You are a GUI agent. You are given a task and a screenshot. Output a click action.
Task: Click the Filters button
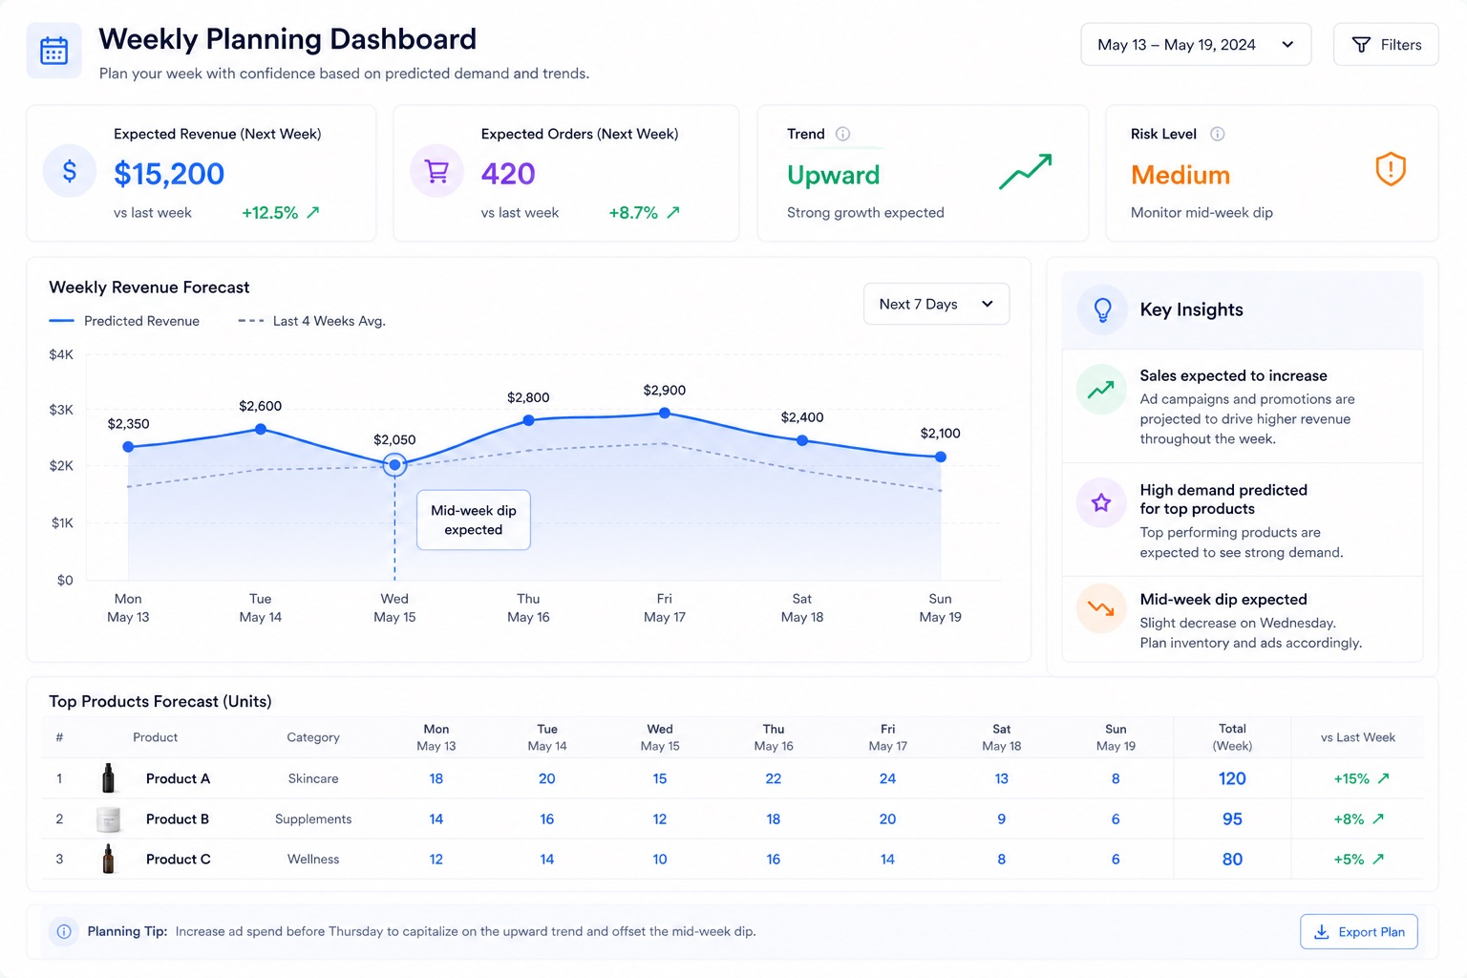click(x=1386, y=45)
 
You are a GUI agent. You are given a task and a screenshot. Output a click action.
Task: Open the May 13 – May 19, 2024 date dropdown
click(x=1196, y=45)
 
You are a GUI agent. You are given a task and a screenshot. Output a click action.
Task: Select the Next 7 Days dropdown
click(x=937, y=304)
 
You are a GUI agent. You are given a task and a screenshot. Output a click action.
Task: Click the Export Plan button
click(x=1359, y=931)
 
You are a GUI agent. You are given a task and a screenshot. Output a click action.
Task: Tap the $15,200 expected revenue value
click(x=169, y=174)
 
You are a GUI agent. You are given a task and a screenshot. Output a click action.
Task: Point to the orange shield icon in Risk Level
click(x=1391, y=169)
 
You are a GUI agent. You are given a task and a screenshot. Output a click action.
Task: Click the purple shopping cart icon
click(x=436, y=172)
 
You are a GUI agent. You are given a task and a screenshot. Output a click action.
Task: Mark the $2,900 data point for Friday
click(x=665, y=413)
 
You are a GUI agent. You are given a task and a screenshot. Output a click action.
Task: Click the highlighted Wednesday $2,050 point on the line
click(x=394, y=464)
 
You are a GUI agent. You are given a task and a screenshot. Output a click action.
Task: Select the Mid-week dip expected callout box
click(x=474, y=521)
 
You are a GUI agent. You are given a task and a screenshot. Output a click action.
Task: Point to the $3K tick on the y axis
click(x=61, y=410)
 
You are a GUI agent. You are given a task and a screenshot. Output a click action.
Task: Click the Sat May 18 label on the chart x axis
click(x=802, y=607)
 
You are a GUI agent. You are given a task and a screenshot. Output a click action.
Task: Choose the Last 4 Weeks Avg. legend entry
click(x=311, y=321)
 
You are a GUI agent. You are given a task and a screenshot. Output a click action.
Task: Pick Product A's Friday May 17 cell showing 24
click(x=887, y=778)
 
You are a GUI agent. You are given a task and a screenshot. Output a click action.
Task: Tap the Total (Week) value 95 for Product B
click(x=1232, y=819)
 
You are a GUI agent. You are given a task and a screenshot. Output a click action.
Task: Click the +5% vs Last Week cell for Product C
click(x=1358, y=859)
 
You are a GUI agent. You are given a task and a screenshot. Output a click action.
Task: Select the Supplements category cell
click(x=313, y=819)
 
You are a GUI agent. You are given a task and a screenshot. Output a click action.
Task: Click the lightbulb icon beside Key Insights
click(x=1103, y=309)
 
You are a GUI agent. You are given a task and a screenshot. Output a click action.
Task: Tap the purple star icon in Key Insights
click(x=1101, y=502)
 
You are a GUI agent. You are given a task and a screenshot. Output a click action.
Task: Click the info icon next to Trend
click(x=843, y=135)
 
